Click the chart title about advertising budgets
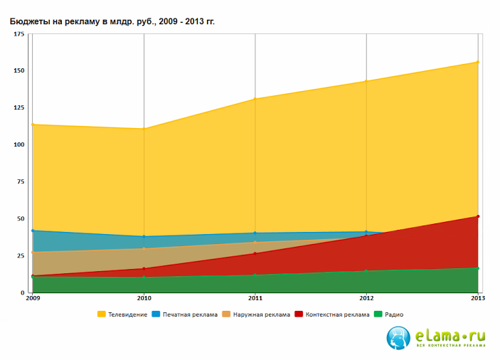coord(112,21)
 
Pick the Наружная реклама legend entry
coord(256,314)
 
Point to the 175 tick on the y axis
coord(19,34)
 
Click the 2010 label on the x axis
coord(144,299)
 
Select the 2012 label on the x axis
coord(366,299)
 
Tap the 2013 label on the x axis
coord(478,299)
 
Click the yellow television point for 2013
coord(478,63)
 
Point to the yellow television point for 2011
coord(255,99)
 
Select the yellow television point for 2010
coord(144,129)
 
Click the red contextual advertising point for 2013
coord(478,216)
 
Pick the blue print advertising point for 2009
coord(33,231)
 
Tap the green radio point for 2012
coord(366,270)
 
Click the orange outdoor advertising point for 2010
coord(144,248)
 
